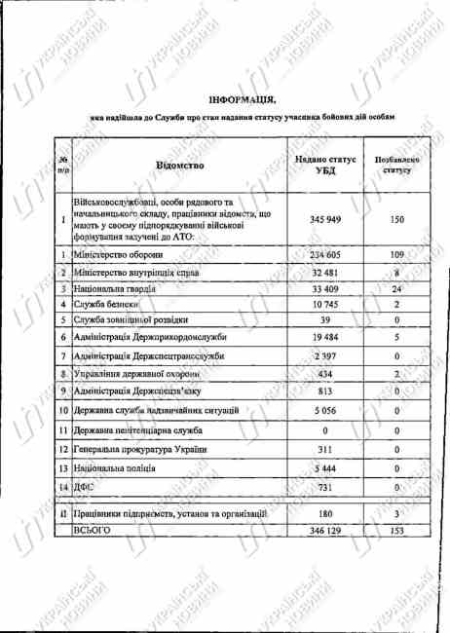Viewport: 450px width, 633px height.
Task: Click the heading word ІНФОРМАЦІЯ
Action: tap(242, 99)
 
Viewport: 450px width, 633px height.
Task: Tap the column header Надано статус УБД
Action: tap(326, 166)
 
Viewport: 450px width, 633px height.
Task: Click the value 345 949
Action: tap(326, 220)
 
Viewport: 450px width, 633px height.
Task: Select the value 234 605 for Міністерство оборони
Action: tap(326, 254)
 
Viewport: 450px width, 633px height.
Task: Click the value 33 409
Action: tap(326, 288)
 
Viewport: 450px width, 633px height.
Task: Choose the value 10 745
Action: tap(326, 305)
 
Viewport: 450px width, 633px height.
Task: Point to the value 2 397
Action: tap(326, 356)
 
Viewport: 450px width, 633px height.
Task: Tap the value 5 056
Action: tap(326, 410)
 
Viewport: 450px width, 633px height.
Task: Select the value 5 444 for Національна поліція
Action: tap(326, 468)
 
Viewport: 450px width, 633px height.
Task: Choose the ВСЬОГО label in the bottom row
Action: tap(94, 529)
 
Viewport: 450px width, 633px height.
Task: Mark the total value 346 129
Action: tap(326, 529)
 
